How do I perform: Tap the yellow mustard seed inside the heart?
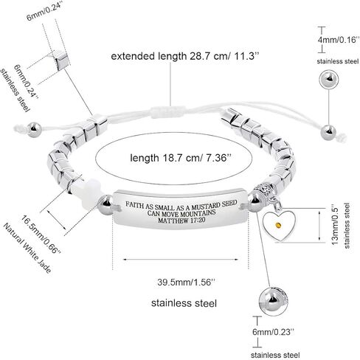click(278, 225)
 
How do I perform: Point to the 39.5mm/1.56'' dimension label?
click(186, 282)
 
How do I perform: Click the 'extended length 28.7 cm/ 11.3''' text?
click(186, 56)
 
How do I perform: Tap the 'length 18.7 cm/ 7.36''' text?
click(181, 158)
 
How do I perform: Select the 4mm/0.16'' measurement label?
click(336, 39)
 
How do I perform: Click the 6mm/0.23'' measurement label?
click(273, 332)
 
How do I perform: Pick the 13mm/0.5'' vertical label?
click(336, 224)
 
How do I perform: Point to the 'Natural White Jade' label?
click(27, 248)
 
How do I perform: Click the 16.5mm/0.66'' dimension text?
click(41, 235)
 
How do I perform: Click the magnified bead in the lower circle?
click(273, 301)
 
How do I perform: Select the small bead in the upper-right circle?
click(329, 79)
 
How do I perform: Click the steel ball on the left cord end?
click(35, 130)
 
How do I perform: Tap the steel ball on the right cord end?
click(328, 133)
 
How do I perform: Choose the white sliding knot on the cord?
click(168, 112)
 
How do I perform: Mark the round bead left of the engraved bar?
click(105, 205)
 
